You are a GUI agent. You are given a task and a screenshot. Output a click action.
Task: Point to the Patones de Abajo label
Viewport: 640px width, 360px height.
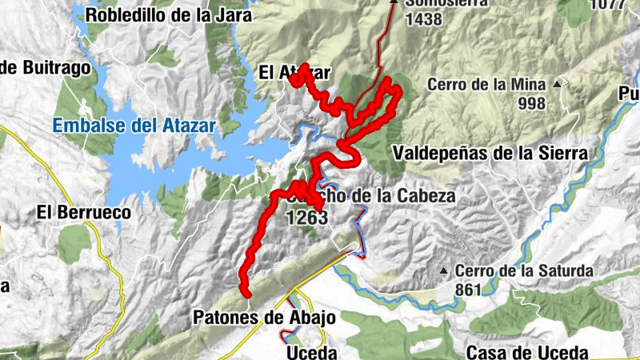[x=264, y=318]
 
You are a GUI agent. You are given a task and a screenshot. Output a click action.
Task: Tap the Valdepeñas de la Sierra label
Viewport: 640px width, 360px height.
[x=490, y=152]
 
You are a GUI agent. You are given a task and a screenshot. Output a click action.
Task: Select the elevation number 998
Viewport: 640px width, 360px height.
[x=531, y=103]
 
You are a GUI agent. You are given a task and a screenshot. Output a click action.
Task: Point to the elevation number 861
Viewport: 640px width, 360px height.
[x=468, y=289]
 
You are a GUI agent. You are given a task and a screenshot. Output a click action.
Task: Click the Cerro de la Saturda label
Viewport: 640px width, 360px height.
[x=526, y=271]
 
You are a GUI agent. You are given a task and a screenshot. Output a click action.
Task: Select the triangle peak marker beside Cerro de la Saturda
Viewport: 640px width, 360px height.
[x=444, y=271]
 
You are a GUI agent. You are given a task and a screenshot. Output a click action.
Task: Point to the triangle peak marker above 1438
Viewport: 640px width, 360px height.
[x=393, y=2]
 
